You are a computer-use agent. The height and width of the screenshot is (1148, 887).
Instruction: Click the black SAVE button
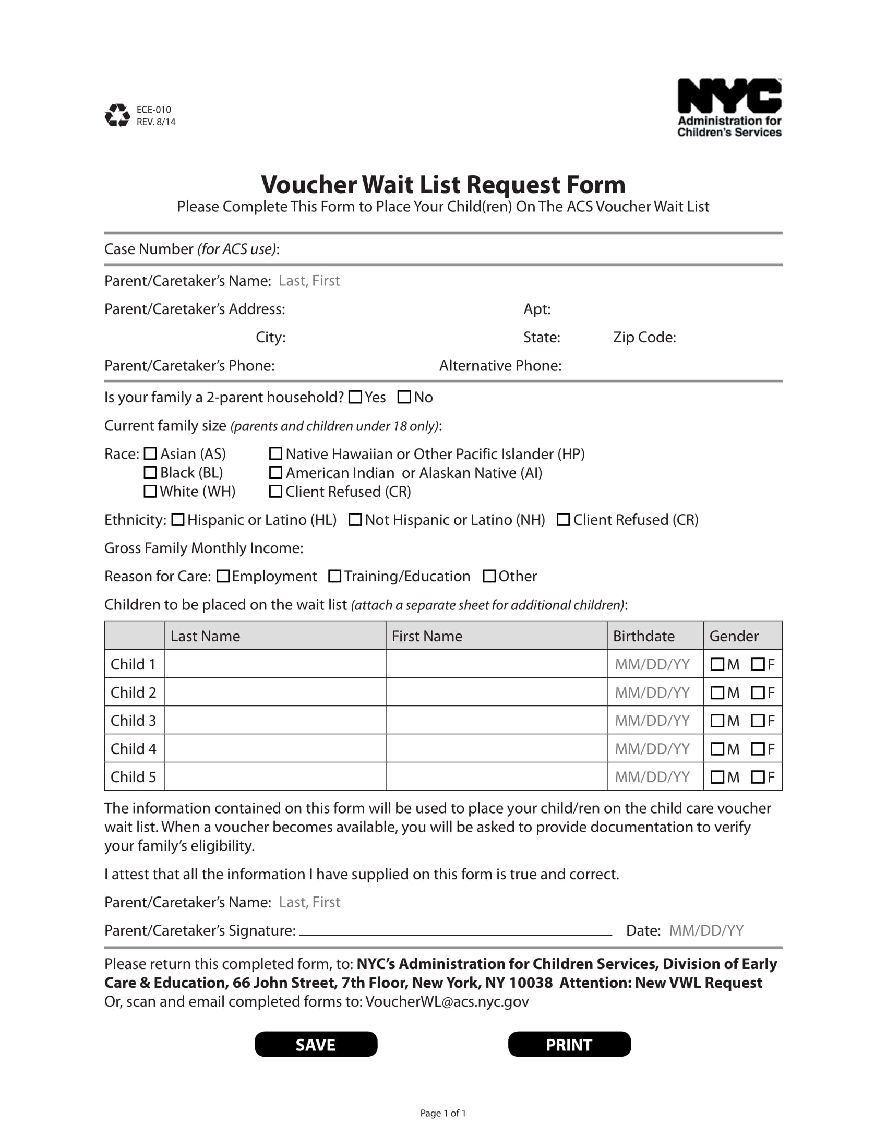(x=316, y=1044)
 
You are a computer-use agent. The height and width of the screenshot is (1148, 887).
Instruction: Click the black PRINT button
(x=569, y=1044)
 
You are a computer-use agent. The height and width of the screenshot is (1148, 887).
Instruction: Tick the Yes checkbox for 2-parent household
(x=356, y=397)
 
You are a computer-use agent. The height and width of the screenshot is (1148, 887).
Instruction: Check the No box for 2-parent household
(x=404, y=397)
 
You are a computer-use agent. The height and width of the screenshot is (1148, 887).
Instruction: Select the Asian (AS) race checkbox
(x=150, y=453)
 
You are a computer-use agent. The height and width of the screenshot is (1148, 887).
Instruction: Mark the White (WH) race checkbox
(x=150, y=491)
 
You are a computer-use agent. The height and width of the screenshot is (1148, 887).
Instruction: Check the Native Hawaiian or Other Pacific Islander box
(x=276, y=453)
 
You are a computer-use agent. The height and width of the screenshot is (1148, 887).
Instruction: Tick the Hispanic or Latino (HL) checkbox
(x=178, y=519)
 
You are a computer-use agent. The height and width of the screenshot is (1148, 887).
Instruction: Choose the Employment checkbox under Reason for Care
(x=223, y=576)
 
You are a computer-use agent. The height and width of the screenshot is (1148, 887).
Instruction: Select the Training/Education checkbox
(x=335, y=576)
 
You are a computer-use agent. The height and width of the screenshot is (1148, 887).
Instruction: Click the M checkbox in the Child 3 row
(x=717, y=721)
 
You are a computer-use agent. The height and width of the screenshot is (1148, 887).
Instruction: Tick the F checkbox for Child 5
(x=758, y=777)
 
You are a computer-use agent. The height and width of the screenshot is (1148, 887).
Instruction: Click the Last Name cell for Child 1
(x=275, y=664)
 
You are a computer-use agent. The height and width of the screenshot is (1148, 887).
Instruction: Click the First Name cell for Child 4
(x=496, y=748)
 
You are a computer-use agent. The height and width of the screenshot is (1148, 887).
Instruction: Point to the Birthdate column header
(x=644, y=636)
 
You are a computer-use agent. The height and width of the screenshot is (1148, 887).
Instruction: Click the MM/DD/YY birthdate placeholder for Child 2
(x=652, y=692)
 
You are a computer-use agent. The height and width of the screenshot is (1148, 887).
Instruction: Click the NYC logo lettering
(x=729, y=96)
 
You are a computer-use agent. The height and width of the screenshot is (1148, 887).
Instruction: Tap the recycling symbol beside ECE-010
(x=117, y=115)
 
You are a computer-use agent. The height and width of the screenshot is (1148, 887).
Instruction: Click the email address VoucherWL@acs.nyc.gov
(x=447, y=1002)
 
